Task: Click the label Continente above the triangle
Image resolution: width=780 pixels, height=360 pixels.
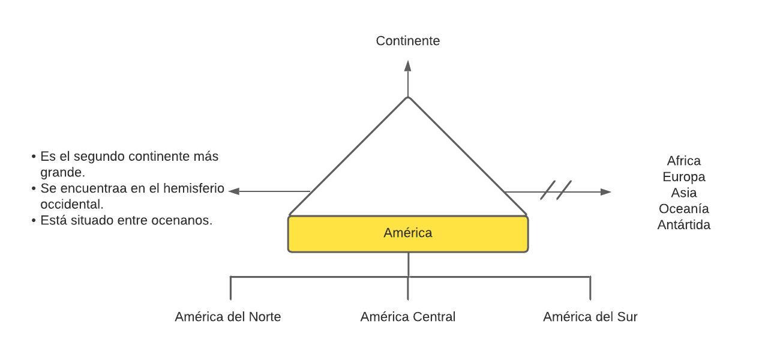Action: (408, 41)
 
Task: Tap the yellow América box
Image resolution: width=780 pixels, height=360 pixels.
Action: (408, 233)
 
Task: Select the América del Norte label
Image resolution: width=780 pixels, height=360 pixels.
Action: (228, 317)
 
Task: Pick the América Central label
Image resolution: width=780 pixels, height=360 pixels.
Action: (408, 317)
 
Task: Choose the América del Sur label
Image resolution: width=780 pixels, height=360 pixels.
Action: (590, 317)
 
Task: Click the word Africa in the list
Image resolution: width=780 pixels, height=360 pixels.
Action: (683, 161)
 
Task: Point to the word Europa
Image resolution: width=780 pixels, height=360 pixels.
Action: (683, 177)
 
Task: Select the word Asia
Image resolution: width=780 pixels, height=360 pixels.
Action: (683, 193)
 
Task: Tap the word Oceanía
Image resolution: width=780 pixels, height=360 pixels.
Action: (683, 209)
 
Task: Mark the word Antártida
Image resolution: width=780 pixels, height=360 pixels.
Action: (683, 225)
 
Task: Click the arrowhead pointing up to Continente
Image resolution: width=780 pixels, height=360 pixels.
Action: (408, 65)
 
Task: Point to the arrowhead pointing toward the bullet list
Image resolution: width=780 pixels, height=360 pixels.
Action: (235, 191)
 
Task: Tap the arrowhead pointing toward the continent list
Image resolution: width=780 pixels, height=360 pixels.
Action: (605, 192)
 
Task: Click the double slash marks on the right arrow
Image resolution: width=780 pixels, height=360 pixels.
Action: (556, 190)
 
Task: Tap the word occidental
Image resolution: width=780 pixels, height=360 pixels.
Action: (72, 204)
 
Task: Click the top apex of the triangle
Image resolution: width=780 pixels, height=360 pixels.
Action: (408, 97)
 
